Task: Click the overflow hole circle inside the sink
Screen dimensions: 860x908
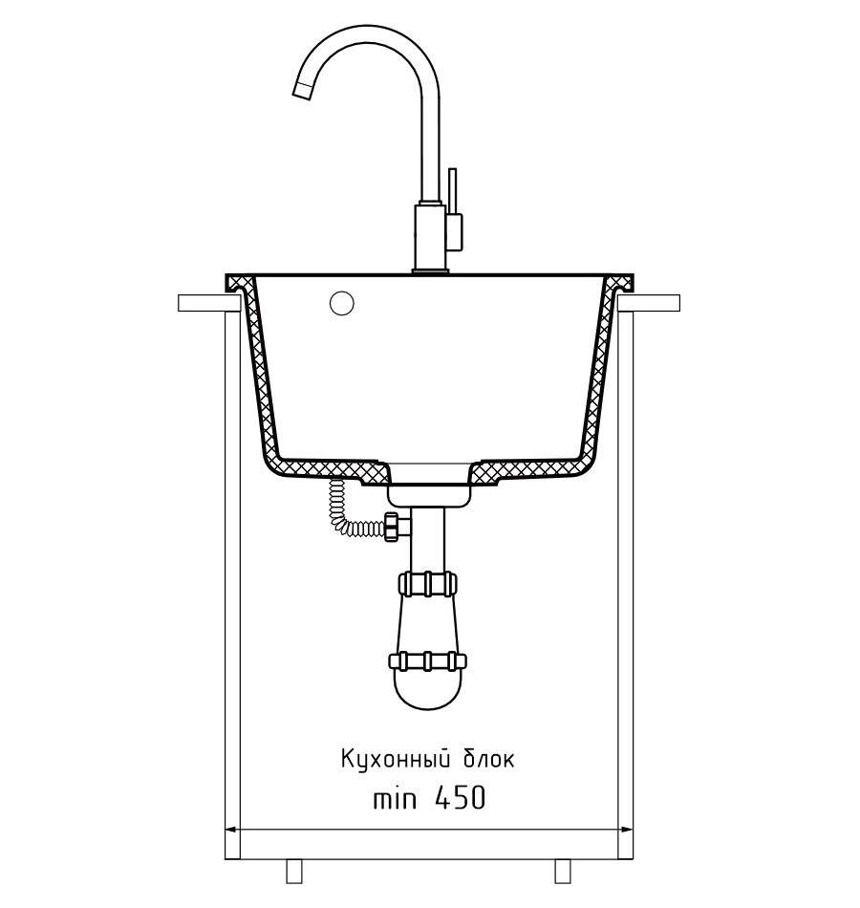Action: point(342,303)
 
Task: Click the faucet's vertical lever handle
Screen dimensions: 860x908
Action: point(452,190)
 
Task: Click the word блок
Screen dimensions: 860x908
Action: point(488,758)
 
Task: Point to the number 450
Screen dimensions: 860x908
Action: point(460,798)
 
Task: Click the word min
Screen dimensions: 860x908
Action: point(395,799)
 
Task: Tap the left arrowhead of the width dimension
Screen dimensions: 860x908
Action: point(230,830)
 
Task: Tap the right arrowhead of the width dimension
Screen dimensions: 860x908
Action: point(626,830)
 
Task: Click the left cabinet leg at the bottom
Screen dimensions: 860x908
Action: point(294,872)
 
